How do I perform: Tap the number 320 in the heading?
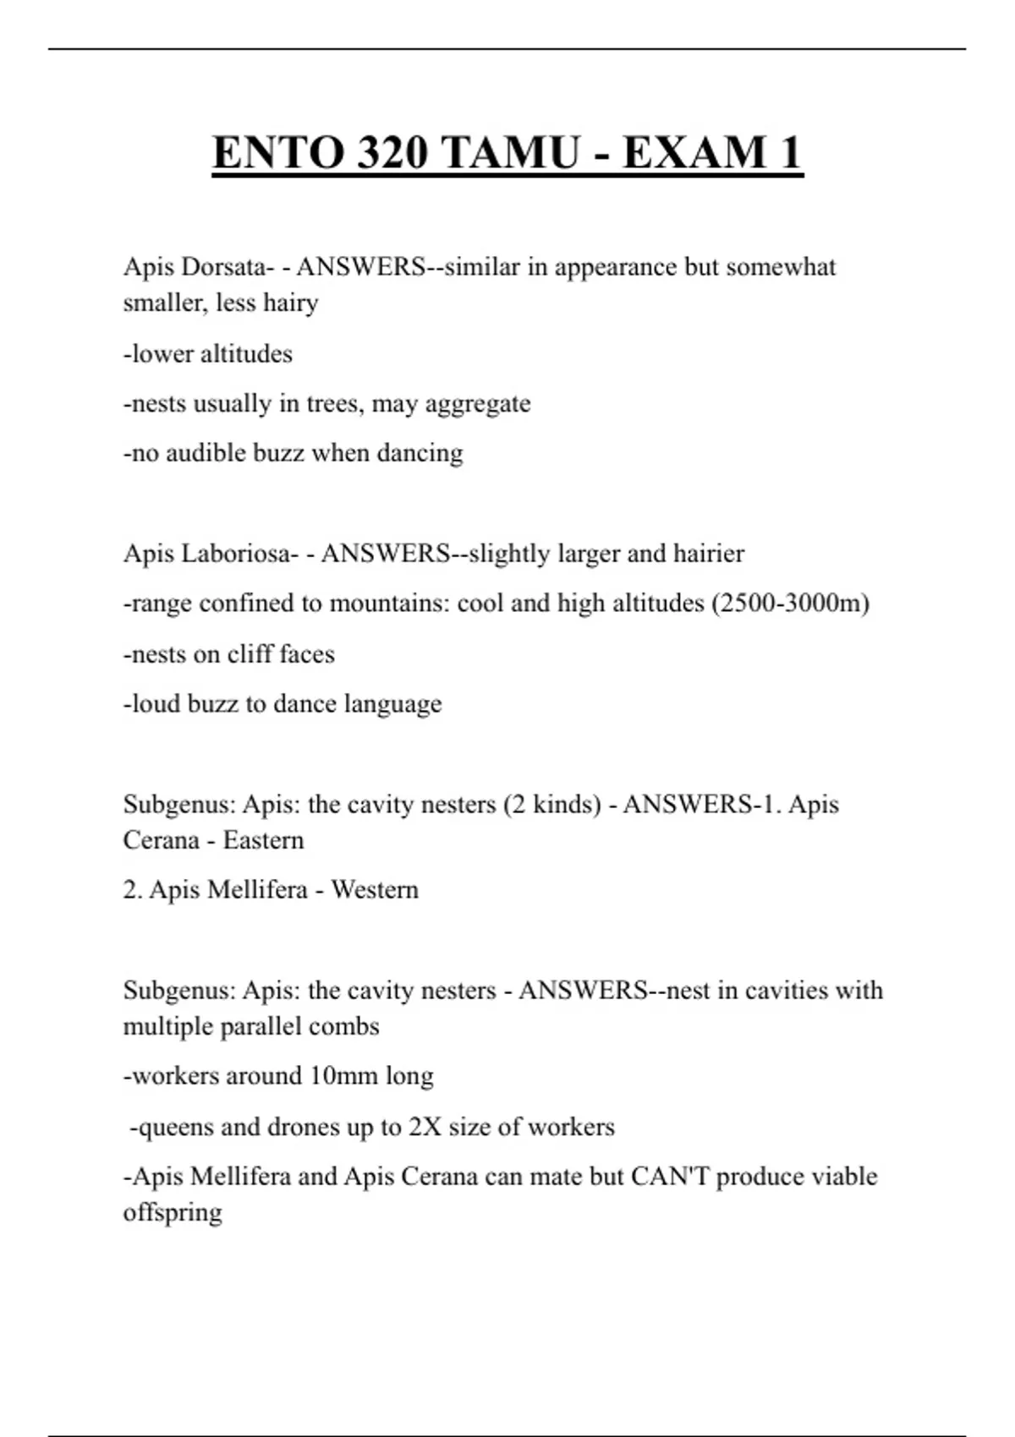coord(392,153)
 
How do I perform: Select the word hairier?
coord(709,554)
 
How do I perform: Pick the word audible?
coord(204,454)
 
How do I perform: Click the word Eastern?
coord(263,840)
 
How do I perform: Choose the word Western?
coord(375,890)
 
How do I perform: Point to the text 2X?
coord(425,1127)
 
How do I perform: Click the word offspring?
coord(173,1213)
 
